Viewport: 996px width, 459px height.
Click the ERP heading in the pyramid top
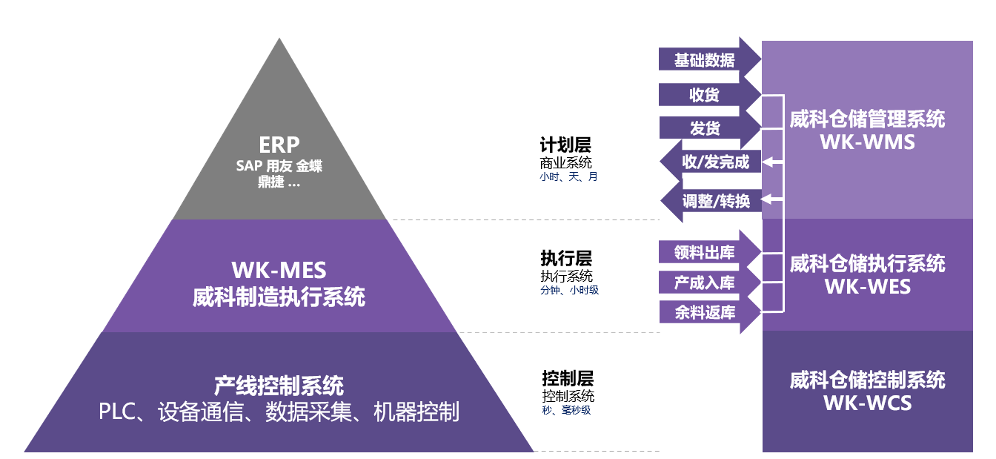(x=279, y=145)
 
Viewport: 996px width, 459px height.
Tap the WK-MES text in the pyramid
(x=279, y=270)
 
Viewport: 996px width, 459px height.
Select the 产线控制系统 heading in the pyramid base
(x=279, y=386)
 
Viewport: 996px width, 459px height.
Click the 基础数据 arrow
(x=710, y=59)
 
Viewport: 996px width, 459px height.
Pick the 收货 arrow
(x=710, y=94)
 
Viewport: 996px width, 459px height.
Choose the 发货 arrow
(x=710, y=128)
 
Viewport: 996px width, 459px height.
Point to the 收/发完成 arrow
(x=711, y=162)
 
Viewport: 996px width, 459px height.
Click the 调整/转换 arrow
(x=711, y=201)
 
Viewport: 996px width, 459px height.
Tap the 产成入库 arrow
(x=710, y=283)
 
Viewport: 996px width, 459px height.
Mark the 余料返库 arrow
(x=710, y=312)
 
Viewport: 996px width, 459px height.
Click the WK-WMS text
(x=867, y=142)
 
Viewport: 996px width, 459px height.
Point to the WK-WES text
(x=868, y=286)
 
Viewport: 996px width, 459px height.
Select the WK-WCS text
(x=868, y=403)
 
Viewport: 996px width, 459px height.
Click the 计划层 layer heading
(x=565, y=145)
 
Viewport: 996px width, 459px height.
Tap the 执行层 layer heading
(x=566, y=258)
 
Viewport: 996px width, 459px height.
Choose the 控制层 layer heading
(x=568, y=378)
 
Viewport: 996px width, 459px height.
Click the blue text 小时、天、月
(x=568, y=177)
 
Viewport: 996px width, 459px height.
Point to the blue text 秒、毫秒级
(x=566, y=410)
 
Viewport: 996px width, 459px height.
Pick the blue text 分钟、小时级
(x=570, y=291)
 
